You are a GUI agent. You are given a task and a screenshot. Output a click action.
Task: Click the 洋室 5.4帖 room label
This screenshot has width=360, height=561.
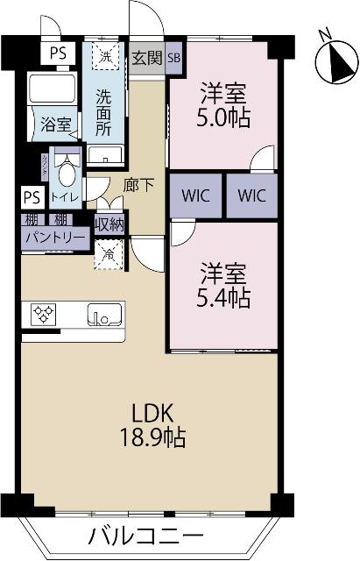[x=223, y=285]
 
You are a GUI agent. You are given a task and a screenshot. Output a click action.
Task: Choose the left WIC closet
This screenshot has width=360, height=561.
[x=195, y=195]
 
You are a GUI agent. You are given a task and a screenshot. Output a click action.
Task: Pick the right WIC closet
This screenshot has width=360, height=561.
[x=251, y=195]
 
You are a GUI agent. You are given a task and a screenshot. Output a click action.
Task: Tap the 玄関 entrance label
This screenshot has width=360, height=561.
[x=146, y=58]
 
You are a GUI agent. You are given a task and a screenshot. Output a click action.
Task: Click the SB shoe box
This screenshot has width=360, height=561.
[x=173, y=58]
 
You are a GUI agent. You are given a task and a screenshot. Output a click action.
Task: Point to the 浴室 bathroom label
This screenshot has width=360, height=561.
[x=56, y=124]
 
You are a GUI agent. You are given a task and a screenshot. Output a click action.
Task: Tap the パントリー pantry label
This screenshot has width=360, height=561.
[x=54, y=238]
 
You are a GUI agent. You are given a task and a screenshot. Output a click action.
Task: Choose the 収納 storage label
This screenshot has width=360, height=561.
[x=109, y=224]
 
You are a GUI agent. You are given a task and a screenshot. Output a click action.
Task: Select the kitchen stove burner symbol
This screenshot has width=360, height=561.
[x=44, y=312]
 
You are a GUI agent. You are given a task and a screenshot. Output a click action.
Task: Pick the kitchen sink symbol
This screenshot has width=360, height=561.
[x=105, y=313]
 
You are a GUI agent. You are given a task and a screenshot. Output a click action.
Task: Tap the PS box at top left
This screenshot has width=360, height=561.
[x=58, y=53]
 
